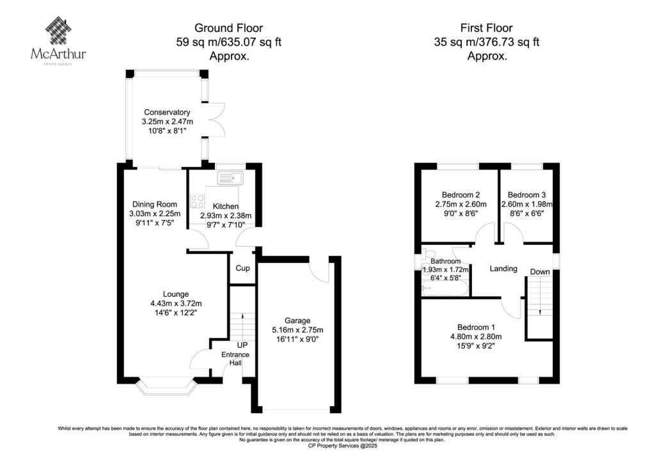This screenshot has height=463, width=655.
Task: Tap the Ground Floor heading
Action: coord(229,27)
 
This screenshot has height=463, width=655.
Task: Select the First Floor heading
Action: coord(486,27)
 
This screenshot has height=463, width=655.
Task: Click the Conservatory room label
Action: coord(166,112)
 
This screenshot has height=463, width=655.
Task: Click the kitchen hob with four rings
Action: coord(197,200)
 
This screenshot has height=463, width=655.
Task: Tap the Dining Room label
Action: coord(154,204)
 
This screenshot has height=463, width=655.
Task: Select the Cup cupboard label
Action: coord(242,269)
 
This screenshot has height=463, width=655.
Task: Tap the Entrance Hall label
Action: coord(235,359)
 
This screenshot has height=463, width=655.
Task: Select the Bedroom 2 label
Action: coord(461,195)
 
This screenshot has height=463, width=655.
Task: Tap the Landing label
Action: coord(503,269)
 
